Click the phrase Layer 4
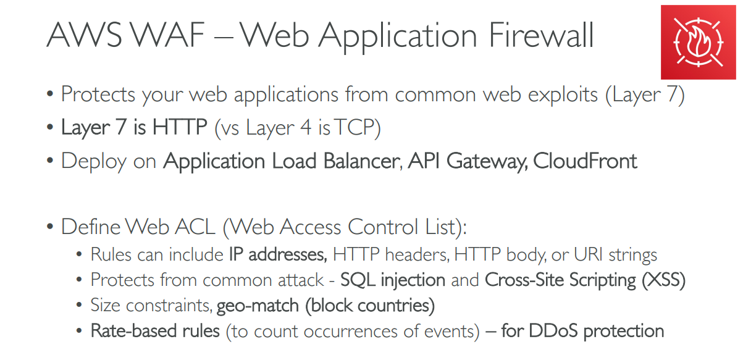click(x=278, y=128)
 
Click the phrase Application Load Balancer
click(x=281, y=161)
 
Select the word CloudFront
click(x=585, y=161)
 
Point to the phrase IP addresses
click(x=277, y=254)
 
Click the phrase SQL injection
click(x=393, y=280)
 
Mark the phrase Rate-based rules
click(x=155, y=331)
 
